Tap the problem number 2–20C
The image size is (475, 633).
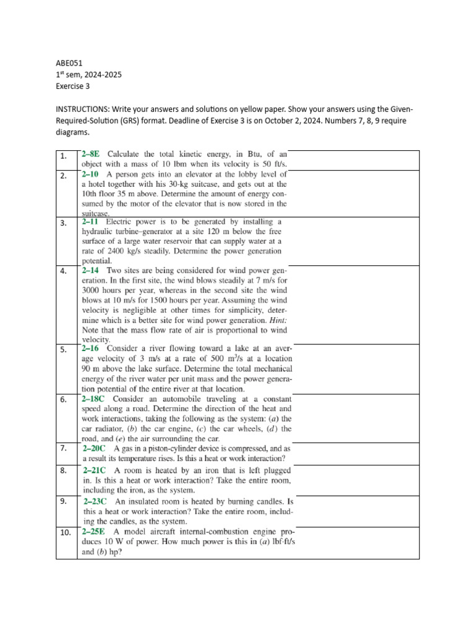coord(96,448)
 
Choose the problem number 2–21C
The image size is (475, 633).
coord(96,470)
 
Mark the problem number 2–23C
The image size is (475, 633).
coord(96,501)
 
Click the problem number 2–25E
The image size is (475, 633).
coord(95,532)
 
